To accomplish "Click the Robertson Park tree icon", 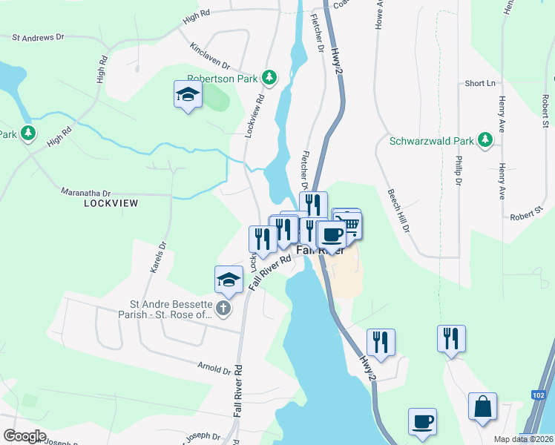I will tap(271, 76).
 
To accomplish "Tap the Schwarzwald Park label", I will tap(432, 140).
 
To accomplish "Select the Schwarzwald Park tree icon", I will tap(485, 139).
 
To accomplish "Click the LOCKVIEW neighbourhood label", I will tap(111, 202).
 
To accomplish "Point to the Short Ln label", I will tap(479, 83).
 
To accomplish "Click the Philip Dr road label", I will tap(459, 171).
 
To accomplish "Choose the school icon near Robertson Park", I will tap(188, 94).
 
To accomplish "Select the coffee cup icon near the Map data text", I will tap(422, 421).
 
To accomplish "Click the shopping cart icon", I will tap(348, 223).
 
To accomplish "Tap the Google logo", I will tap(24, 436).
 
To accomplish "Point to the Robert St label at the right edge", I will tap(545, 111).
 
